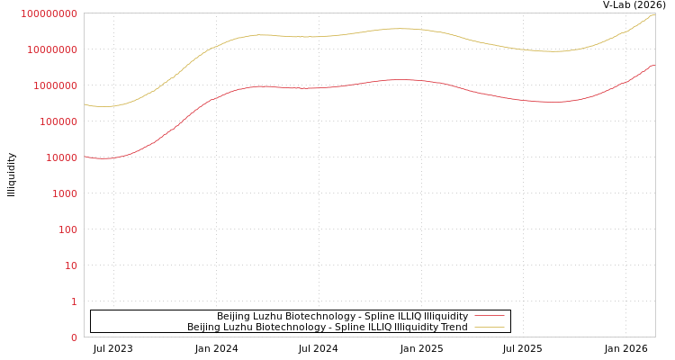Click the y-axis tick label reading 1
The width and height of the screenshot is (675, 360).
click(75, 301)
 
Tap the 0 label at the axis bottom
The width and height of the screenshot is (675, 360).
click(75, 337)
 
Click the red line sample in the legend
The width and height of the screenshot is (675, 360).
click(490, 316)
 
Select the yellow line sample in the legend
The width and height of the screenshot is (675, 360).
click(490, 327)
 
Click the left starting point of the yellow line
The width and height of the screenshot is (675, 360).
click(85, 104)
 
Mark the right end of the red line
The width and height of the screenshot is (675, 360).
click(654, 65)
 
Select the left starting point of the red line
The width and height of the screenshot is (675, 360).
click(85, 157)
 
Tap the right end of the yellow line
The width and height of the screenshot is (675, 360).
click(654, 13)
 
